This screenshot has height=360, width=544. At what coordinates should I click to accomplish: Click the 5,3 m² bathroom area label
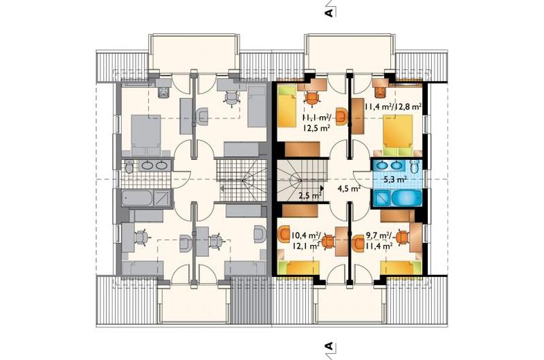395,179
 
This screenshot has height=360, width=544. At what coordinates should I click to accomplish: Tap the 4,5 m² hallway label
349,188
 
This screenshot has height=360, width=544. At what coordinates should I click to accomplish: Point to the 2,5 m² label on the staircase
310,196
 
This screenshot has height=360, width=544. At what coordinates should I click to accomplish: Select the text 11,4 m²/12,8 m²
392,106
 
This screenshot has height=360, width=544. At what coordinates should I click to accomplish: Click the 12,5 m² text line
316,128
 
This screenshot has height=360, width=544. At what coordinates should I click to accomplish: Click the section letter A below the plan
329,346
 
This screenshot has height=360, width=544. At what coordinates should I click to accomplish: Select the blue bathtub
406,198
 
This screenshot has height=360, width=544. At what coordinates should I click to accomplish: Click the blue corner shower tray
381,198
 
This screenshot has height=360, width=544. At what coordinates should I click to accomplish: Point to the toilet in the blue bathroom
415,166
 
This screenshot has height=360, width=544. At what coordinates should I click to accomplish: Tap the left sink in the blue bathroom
381,165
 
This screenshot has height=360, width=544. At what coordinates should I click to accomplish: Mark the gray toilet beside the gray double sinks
129,167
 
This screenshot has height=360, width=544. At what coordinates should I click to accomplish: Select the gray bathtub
137,198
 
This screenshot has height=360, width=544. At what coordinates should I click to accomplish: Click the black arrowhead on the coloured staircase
322,188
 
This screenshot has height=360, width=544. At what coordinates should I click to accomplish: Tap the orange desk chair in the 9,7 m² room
402,237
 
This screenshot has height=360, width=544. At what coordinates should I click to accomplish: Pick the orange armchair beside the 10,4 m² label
284,233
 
